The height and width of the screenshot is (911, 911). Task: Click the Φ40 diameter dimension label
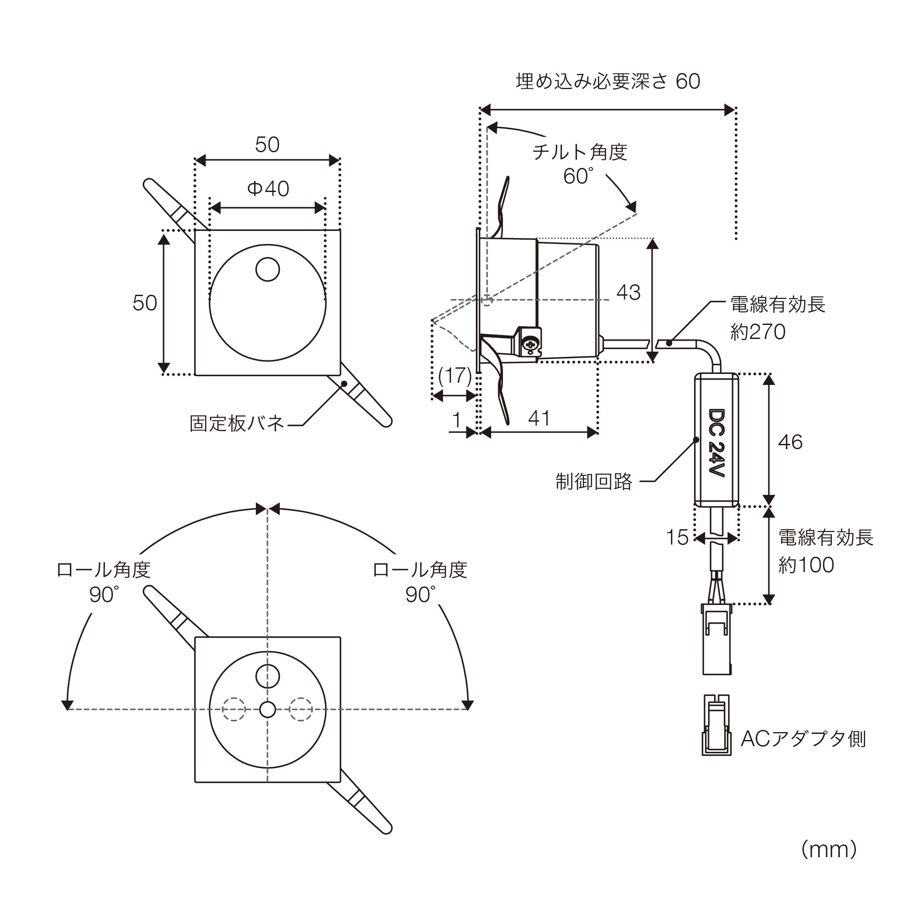point(268,189)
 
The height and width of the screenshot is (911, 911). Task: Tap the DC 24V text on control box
point(716,442)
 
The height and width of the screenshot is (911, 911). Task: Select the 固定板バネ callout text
point(237,423)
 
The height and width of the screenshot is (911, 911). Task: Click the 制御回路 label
point(593,482)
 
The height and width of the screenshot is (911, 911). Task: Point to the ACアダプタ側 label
point(803,738)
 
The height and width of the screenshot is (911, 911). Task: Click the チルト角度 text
point(579,152)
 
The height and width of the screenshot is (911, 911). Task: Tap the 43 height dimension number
point(628,292)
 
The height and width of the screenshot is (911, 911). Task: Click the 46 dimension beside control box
point(790,442)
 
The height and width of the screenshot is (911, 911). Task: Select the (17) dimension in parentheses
point(454,376)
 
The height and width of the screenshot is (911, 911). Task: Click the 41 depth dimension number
point(539,418)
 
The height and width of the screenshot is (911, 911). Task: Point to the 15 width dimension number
point(677,538)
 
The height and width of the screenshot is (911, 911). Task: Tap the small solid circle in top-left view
point(267,269)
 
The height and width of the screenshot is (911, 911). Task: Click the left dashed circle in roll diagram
point(234,709)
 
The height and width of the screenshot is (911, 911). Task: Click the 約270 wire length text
point(758,332)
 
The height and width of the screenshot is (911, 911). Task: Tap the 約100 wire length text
point(806,565)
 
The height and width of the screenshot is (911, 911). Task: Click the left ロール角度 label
point(103,570)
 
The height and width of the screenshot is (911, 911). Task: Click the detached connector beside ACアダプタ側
point(716,725)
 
